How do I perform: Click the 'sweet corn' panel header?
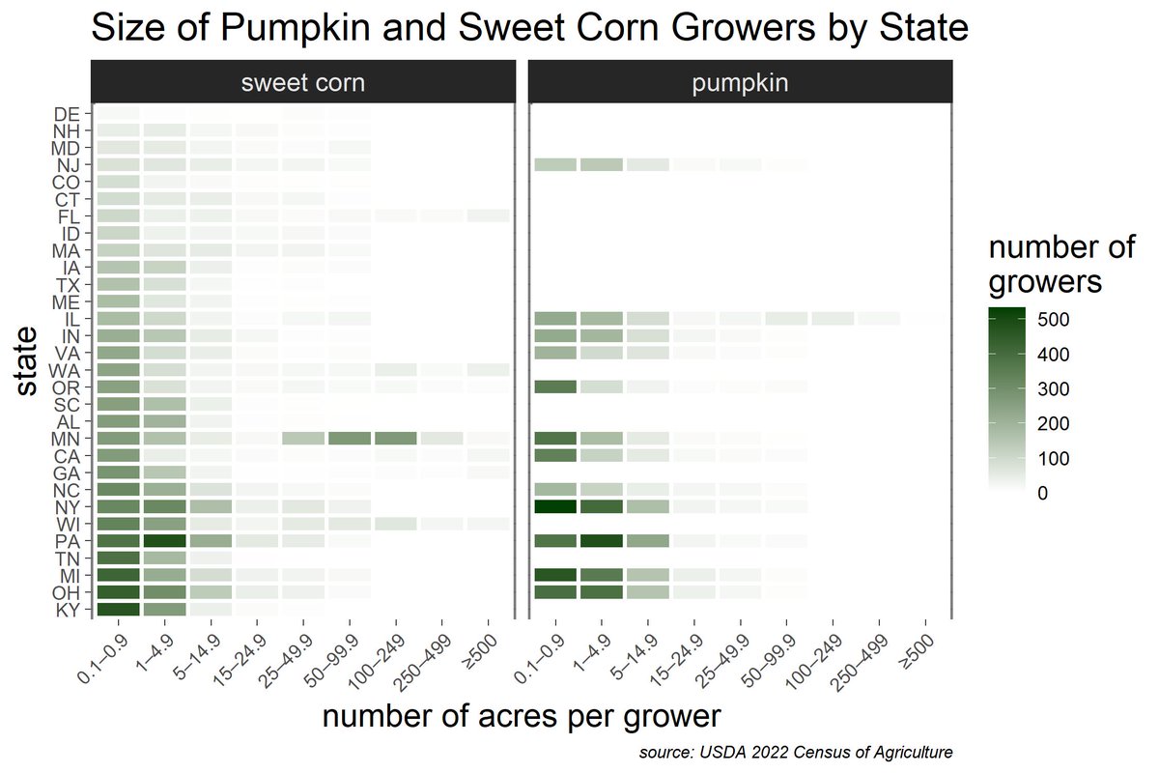(302, 82)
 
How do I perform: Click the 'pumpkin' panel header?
(740, 82)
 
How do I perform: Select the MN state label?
(68, 438)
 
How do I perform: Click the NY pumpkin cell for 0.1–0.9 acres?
(555, 506)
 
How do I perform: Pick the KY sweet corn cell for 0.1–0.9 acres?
(117, 609)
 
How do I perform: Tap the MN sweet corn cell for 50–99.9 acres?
(350, 438)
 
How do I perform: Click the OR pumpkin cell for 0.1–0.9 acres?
(555, 386)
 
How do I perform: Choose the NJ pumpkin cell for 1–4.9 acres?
(602, 165)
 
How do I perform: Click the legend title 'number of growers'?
(1061, 266)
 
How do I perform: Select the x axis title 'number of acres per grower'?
(521, 716)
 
